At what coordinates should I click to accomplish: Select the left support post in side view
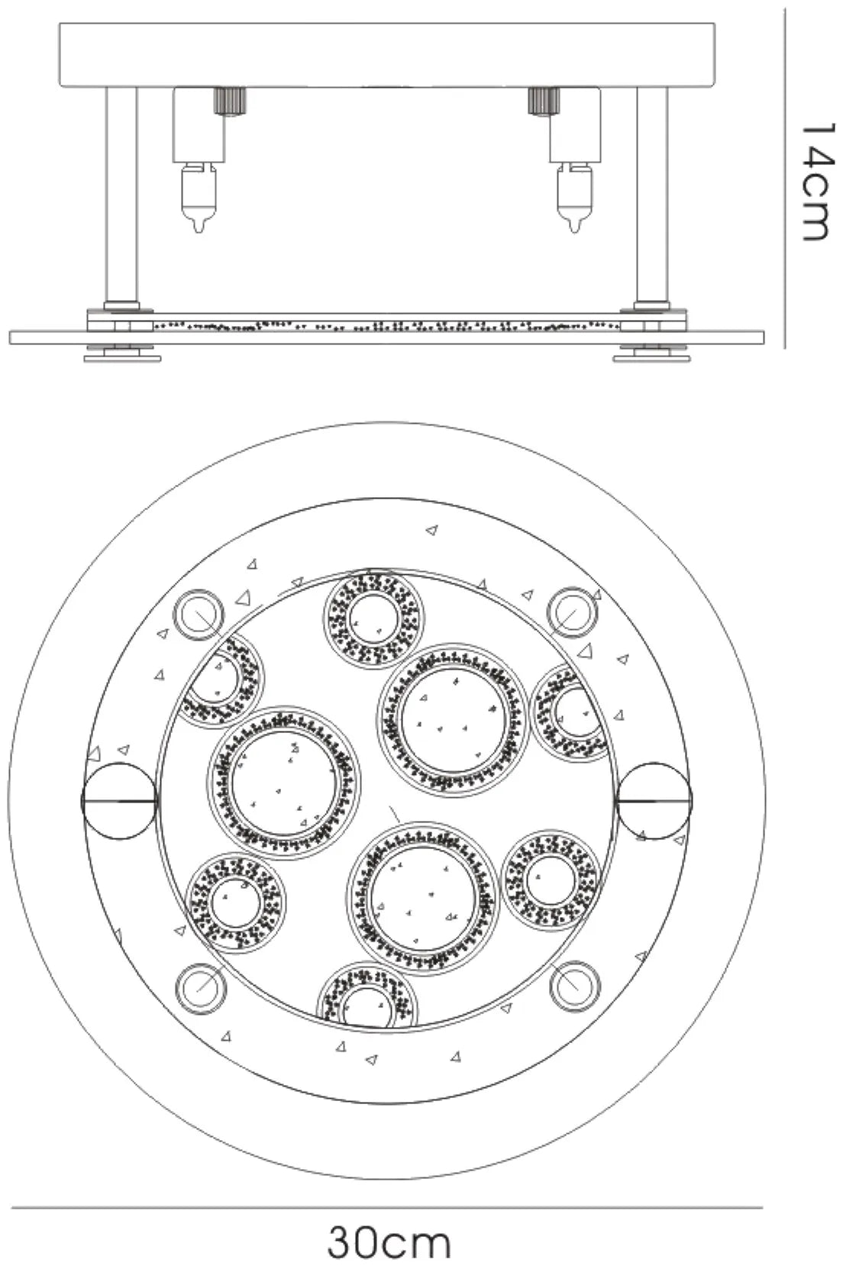pyautogui.click(x=121, y=195)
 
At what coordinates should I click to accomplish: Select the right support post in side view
pyautogui.click(x=652, y=195)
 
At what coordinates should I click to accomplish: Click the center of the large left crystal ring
pyautogui.click(x=282, y=784)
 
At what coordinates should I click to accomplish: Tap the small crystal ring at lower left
pyautogui.click(x=235, y=901)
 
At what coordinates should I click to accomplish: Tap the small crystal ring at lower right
pyautogui.click(x=550, y=881)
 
